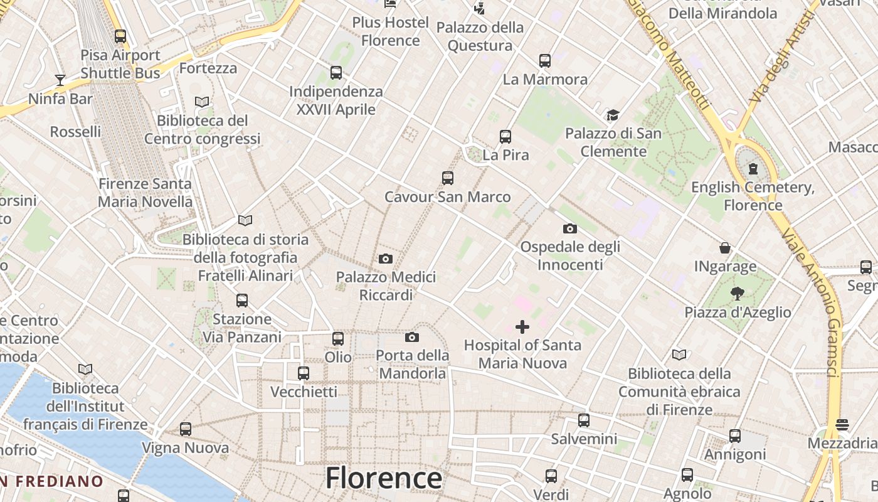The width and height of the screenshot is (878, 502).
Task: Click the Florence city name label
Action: tap(383, 478)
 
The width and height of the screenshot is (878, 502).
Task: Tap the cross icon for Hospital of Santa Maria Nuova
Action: tap(522, 327)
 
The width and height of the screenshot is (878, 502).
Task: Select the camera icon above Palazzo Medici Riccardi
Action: tap(386, 259)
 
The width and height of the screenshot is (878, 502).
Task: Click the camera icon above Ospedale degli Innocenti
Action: tap(569, 228)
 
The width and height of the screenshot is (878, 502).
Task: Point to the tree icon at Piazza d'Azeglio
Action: tap(737, 293)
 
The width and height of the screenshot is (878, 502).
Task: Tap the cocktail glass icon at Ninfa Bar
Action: tap(60, 80)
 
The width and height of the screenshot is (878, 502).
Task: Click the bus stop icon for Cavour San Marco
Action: tap(447, 178)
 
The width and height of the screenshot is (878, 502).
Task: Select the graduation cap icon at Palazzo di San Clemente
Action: tap(613, 115)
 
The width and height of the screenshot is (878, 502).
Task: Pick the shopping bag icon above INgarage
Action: tap(725, 248)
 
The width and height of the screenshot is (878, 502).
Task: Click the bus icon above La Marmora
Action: tap(544, 61)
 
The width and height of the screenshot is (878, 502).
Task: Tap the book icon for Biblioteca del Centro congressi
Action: tap(202, 102)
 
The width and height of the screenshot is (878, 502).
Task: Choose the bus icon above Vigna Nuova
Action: tap(185, 429)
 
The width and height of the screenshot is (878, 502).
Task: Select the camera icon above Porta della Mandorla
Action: tap(411, 338)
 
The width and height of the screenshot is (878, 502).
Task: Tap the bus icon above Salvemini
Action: tap(584, 420)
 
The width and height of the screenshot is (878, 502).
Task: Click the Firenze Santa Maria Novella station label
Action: tap(145, 193)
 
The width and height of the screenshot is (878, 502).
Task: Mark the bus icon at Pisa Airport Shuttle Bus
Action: tap(120, 36)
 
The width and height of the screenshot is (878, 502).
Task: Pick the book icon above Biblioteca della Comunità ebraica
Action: tap(679, 355)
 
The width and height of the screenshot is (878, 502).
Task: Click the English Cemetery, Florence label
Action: tap(753, 196)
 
